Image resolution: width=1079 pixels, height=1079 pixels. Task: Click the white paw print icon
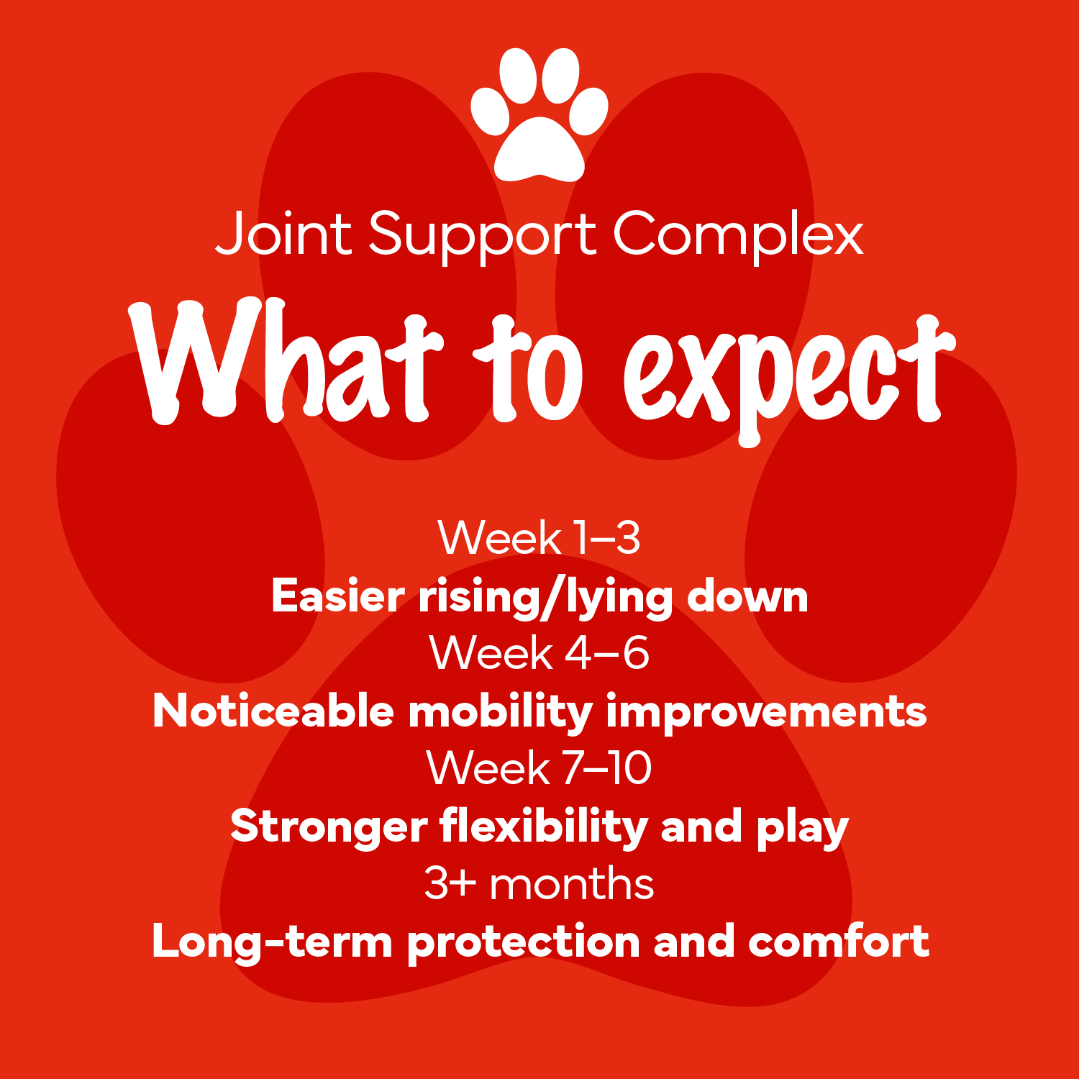[539, 115]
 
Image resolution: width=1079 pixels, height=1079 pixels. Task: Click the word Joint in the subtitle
[283, 233]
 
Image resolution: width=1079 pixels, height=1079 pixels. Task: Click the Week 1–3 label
[539, 537]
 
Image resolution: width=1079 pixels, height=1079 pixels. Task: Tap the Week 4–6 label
[539, 652]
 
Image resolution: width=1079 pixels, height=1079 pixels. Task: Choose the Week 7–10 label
[539, 768]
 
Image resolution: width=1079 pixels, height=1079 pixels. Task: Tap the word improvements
[766, 712]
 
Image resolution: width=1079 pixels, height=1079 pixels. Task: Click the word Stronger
[329, 827]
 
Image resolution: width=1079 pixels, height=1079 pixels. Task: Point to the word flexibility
[544, 827]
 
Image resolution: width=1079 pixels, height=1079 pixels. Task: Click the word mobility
[501, 712]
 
